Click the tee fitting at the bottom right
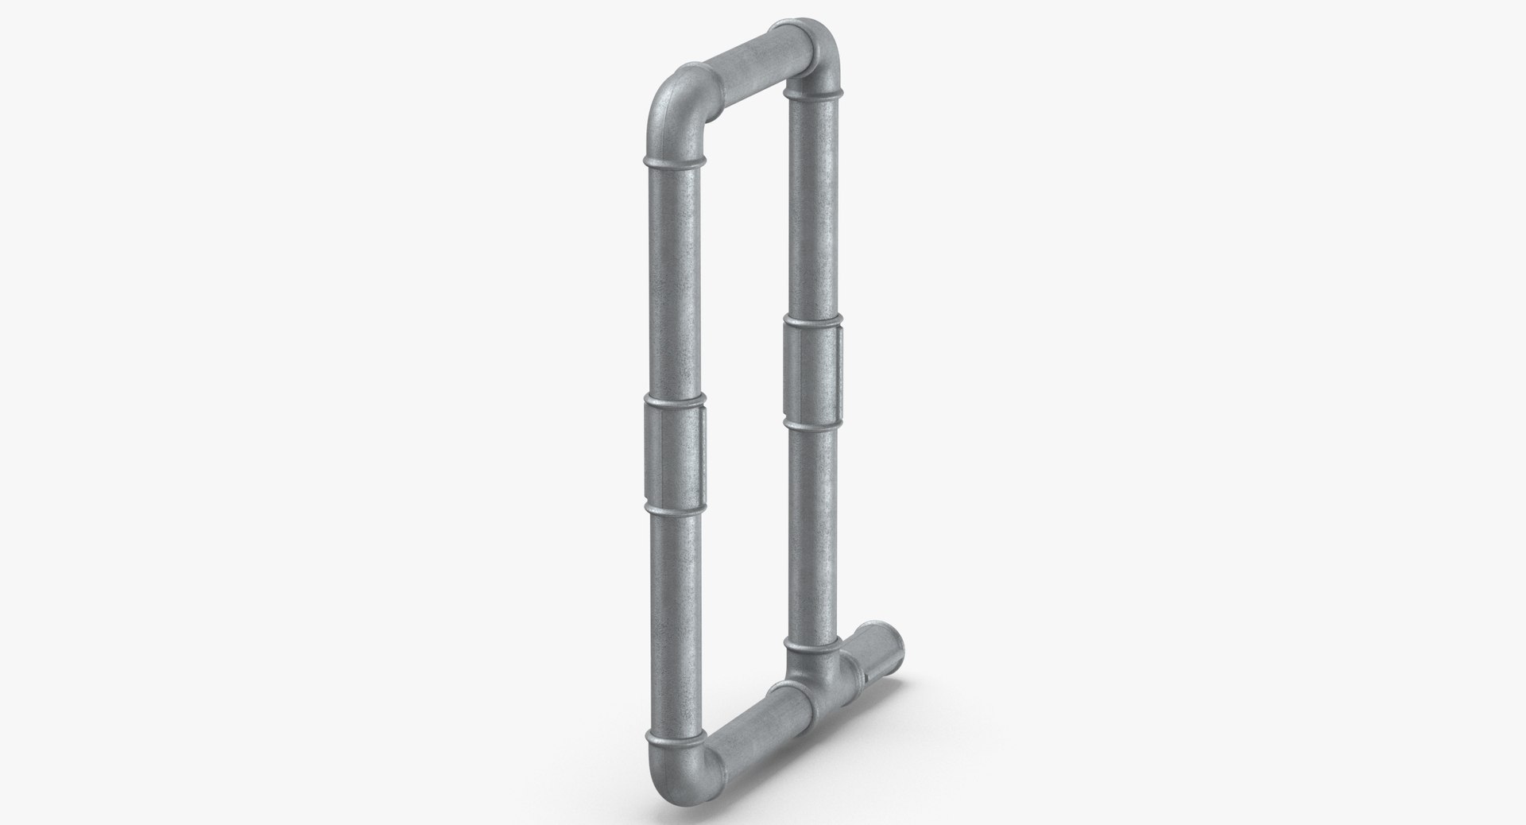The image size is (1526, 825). coord(814,668)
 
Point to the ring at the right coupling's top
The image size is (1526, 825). coord(811,321)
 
